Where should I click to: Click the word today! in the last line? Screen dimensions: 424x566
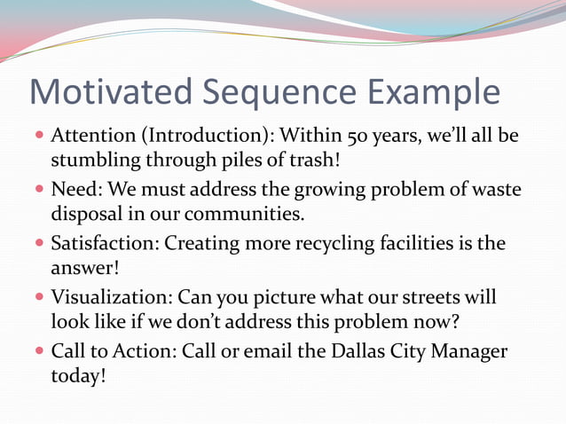tap(78, 375)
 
